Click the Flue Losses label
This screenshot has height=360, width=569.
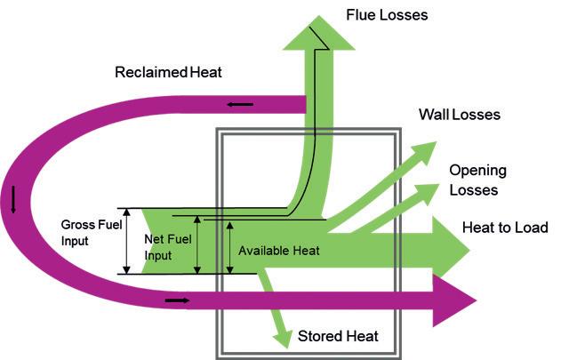(x=387, y=15)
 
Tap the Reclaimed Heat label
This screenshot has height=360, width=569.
(x=168, y=72)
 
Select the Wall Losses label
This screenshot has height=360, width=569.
(x=460, y=115)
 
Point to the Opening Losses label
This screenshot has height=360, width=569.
(x=477, y=180)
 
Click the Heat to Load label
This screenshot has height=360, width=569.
(x=505, y=228)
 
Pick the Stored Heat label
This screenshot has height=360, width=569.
(x=338, y=336)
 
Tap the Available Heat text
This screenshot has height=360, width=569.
(x=278, y=251)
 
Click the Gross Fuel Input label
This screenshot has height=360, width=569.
(x=92, y=233)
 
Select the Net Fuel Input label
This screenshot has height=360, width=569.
(x=168, y=247)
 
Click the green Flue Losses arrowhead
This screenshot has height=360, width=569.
(x=318, y=33)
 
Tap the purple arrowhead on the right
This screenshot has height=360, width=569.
(x=454, y=300)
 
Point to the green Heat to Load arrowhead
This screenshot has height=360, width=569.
(x=451, y=250)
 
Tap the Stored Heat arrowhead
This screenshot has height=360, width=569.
(x=283, y=339)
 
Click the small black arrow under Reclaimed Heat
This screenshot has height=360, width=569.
(x=240, y=105)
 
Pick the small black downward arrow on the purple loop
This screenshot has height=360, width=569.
(x=13, y=199)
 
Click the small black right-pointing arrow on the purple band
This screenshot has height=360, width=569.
(x=177, y=300)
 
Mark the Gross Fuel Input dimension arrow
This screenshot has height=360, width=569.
(x=126, y=241)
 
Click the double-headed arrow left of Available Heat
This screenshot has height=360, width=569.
(x=229, y=248)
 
